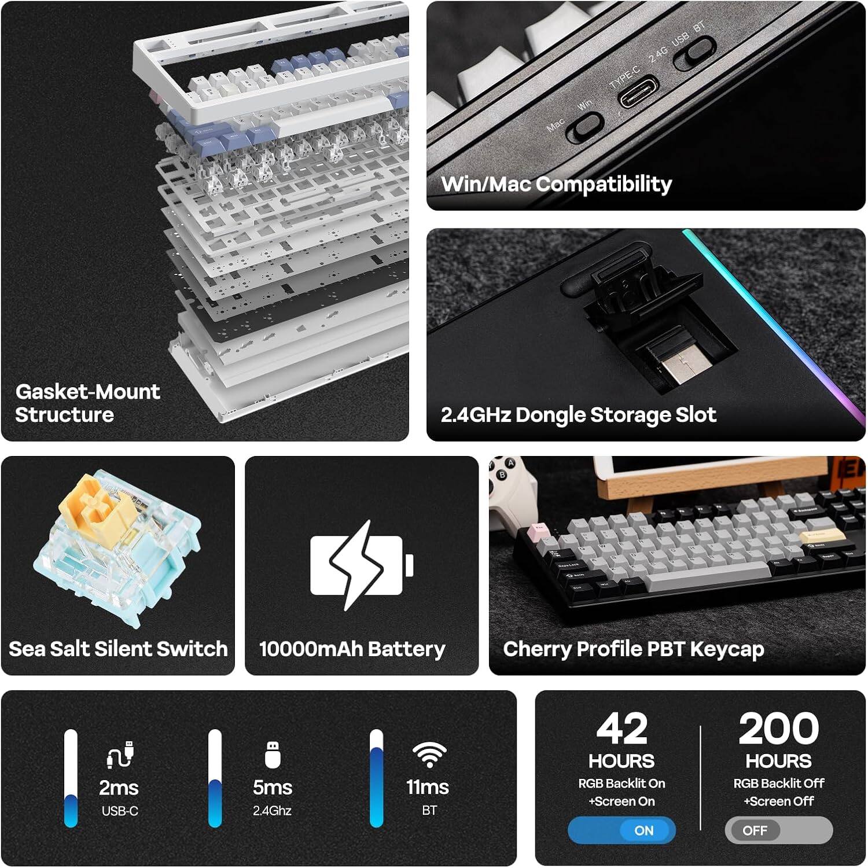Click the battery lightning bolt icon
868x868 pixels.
pos(356,565)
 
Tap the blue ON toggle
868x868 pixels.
pos(621,830)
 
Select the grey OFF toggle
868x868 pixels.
pos(778,830)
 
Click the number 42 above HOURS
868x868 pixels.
pos(621,729)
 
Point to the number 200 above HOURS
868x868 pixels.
pos(778,729)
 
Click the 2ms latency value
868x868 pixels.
pos(119,788)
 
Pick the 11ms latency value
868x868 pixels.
pos(428,788)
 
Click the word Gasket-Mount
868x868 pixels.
pos(87,392)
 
